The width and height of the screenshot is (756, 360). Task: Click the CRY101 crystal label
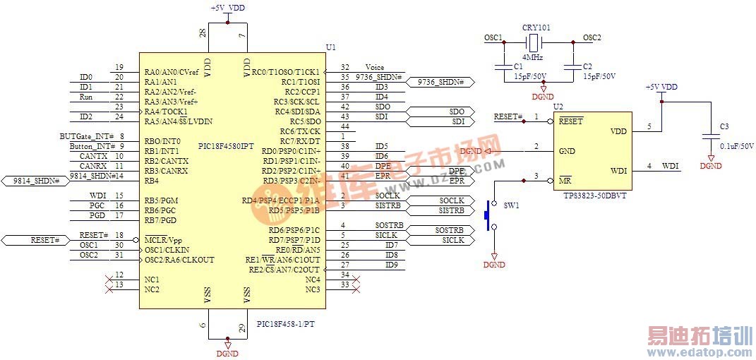tap(536, 28)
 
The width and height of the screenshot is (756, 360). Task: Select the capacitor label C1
tap(518, 66)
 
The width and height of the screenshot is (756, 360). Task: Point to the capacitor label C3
tap(724, 126)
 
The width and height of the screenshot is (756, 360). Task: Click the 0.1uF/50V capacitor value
tap(737, 146)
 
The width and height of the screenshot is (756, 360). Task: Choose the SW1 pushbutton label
tap(510, 205)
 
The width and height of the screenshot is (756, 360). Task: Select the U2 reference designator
tap(558, 107)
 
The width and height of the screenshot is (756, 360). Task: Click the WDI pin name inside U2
tap(618, 170)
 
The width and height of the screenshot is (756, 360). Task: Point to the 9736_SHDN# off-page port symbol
tap(441, 82)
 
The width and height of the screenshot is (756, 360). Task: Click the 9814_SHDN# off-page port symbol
tap(36, 181)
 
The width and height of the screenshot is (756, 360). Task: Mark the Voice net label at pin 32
tap(375, 67)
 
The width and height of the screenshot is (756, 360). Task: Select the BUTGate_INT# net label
tap(87, 136)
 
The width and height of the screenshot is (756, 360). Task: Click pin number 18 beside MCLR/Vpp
tap(119, 235)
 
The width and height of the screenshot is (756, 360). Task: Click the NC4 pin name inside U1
tap(313, 280)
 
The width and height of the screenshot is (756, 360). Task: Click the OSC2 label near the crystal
tap(592, 38)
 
